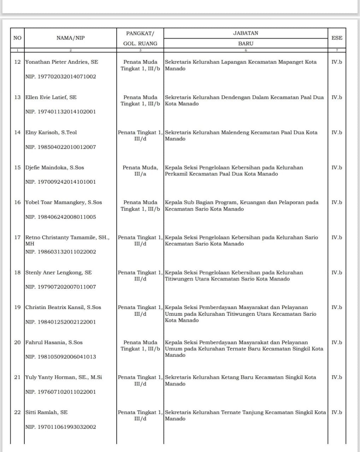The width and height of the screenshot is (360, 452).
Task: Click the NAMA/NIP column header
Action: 70,38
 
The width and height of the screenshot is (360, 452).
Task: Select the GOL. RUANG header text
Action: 140,43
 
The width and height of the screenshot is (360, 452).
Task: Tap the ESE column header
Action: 337,38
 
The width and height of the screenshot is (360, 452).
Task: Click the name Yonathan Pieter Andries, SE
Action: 61,62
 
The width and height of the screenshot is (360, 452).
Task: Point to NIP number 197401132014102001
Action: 60,112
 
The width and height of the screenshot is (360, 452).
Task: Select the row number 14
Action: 17,132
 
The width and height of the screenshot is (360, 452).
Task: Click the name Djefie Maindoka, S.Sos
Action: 54,167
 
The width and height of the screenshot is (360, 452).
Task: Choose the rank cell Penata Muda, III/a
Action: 140,171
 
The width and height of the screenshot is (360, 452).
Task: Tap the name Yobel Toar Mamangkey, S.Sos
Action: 64,202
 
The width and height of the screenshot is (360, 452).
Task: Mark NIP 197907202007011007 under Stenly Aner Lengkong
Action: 60,287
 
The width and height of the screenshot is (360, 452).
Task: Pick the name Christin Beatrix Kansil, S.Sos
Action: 63,307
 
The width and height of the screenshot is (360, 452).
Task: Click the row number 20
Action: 17,342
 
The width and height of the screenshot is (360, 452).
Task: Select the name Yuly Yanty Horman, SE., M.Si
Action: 64,377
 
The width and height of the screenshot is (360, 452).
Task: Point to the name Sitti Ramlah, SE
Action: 46,412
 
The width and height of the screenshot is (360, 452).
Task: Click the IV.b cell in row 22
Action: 337,412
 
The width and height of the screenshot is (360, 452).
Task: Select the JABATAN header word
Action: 246,33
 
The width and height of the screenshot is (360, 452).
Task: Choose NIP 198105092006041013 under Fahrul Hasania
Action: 60,357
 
